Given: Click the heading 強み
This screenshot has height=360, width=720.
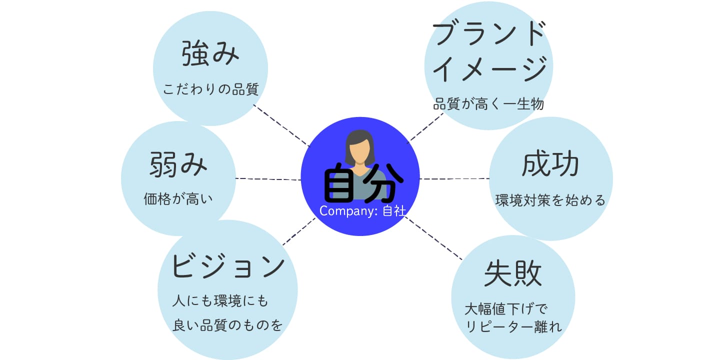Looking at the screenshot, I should click(x=210, y=54).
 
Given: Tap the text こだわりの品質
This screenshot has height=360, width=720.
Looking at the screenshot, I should click(x=210, y=89).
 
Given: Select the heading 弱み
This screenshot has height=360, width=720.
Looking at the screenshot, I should click(x=178, y=165).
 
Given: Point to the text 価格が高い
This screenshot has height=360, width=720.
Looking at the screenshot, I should click(x=178, y=199).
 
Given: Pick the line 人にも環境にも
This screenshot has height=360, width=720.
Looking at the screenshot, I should click(x=220, y=301).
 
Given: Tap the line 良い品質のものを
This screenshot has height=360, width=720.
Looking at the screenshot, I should click(x=228, y=326).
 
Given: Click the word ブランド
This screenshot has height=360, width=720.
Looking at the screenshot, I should click(x=488, y=34).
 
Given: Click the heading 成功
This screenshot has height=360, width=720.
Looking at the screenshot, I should click(x=550, y=164).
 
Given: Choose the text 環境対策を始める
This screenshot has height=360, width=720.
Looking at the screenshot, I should click(x=550, y=200).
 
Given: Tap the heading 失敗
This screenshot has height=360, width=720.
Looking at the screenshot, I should click(x=513, y=273).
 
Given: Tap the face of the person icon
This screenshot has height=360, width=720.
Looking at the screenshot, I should click(x=359, y=149).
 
